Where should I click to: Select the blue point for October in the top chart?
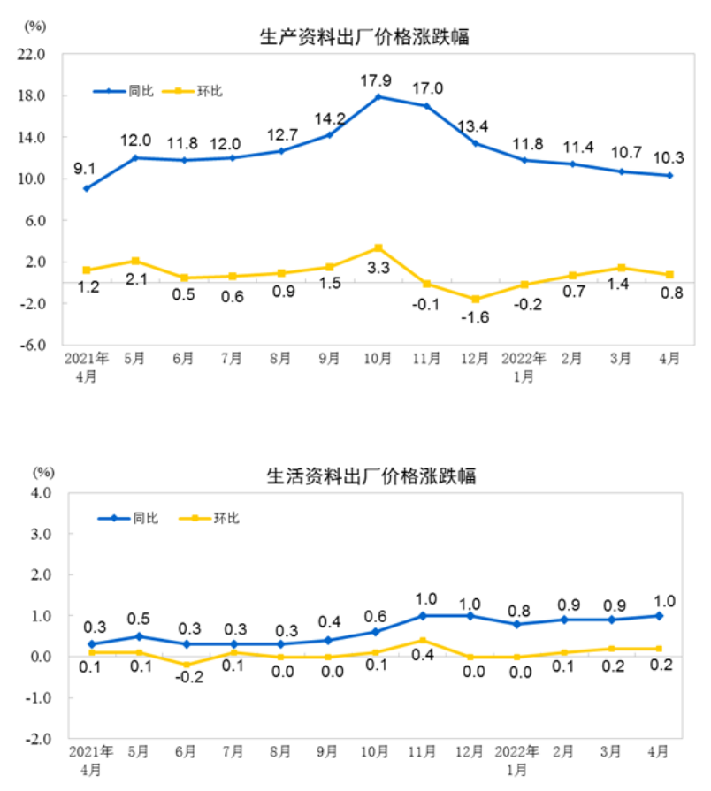378,96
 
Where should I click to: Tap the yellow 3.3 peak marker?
378,247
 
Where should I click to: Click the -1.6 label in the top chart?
476,317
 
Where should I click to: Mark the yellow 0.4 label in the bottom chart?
423,655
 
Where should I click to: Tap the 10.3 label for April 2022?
669,156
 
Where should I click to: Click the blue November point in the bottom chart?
423,616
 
